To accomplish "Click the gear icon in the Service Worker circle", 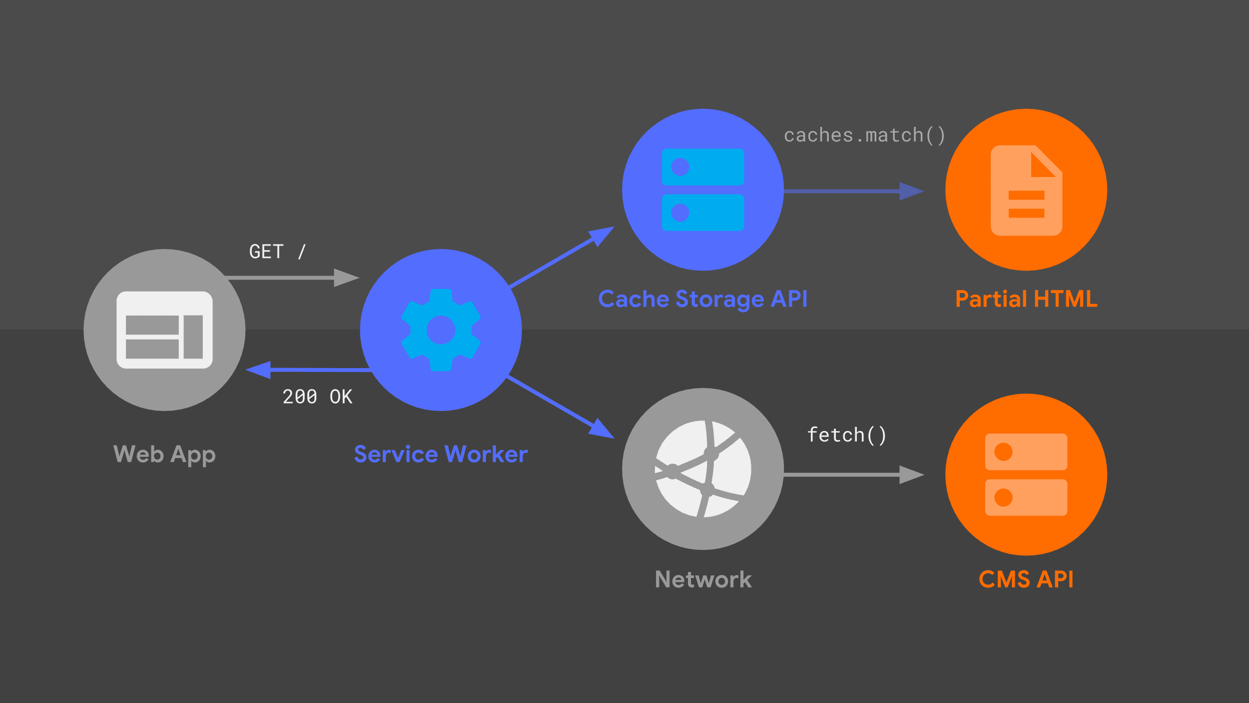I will [441, 329].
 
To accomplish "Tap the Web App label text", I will [164, 454].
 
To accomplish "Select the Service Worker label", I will [441, 454].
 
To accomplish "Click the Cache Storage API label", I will [702, 299].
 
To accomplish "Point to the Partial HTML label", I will [1026, 299].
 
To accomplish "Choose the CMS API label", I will [1026, 579].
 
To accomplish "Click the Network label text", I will [703, 579].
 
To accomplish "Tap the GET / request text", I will [277, 251].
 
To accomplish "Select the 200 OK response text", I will [317, 396].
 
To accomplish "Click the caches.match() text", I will [864, 135].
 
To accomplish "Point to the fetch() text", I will [847, 434].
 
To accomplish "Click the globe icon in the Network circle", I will [703, 468].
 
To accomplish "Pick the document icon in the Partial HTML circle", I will [1026, 190].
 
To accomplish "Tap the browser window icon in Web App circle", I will [164, 329].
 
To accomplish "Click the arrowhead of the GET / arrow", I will [346, 277].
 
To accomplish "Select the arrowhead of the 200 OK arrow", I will [258, 370].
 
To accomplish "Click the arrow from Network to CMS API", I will [849, 474].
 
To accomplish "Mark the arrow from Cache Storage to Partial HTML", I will [849, 190].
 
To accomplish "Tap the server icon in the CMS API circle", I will [1026, 474].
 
